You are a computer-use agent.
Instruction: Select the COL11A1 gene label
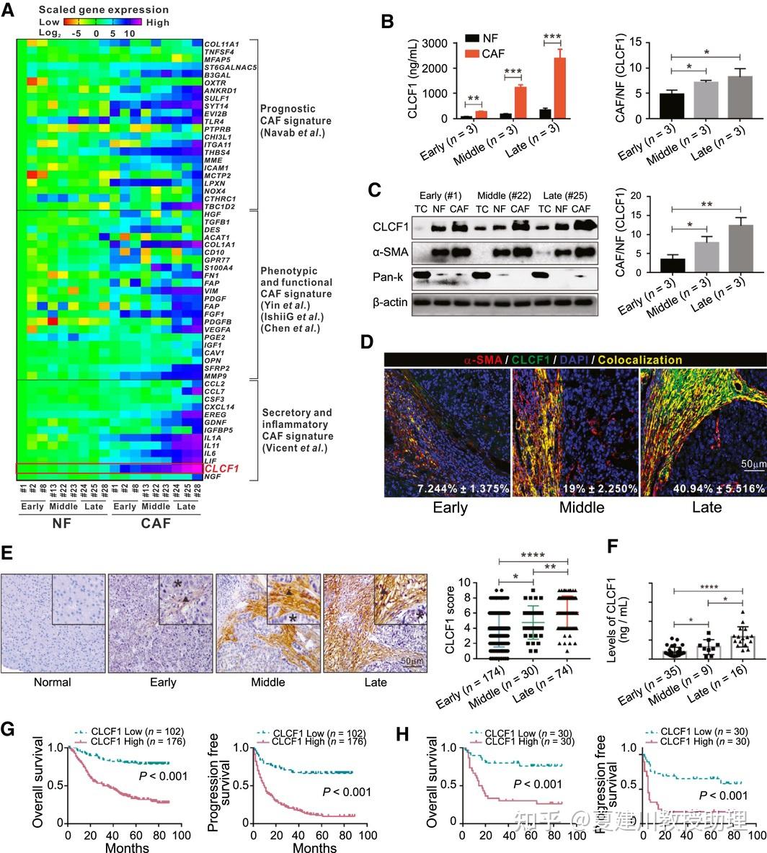(222, 45)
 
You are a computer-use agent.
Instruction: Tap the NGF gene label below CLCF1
(213, 477)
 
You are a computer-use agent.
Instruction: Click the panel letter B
(387, 21)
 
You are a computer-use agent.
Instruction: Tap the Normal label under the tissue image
(53, 682)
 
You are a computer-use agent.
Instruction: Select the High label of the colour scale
(156, 22)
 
